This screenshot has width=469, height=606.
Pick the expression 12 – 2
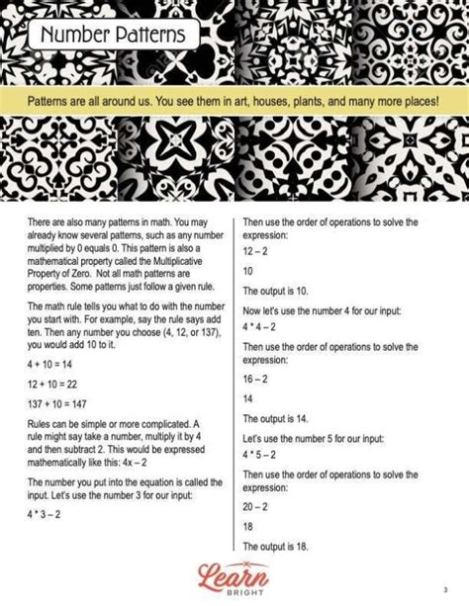[257, 252]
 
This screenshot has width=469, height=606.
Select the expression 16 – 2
[257, 379]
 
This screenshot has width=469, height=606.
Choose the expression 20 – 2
[257, 505]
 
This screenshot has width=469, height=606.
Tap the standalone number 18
[248, 527]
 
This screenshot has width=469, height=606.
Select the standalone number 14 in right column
[248, 399]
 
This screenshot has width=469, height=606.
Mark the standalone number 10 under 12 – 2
[248, 271]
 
